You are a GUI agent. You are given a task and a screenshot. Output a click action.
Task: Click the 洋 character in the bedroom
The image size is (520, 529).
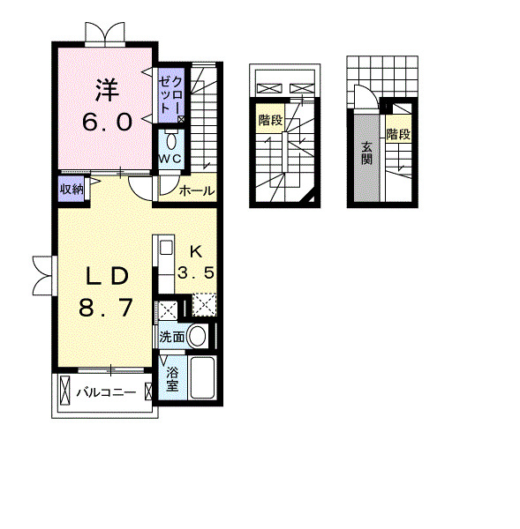pyautogui.click(x=108, y=90)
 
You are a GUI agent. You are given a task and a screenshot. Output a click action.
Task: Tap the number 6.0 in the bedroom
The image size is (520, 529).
pyautogui.click(x=107, y=123)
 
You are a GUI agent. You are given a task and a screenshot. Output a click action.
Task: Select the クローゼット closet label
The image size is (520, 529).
pyautogui.click(x=171, y=95)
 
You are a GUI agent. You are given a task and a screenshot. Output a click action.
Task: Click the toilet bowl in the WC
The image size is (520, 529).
pyautogui.click(x=171, y=142)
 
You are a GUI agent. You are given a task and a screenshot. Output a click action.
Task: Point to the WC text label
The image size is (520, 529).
pyautogui.click(x=170, y=159)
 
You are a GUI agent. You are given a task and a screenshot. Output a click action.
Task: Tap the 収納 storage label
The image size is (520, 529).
pyautogui.click(x=72, y=190)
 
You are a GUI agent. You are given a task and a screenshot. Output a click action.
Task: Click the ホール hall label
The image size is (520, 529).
pyautogui.click(x=197, y=191)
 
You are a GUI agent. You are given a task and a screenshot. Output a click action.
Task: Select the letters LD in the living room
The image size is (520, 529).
pyautogui.click(x=107, y=276)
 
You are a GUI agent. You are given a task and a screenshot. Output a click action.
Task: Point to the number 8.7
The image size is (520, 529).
pyautogui.click(x=105, y=308)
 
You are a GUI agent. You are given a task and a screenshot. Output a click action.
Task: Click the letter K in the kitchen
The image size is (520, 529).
pyautogui.click(x=196, y=251)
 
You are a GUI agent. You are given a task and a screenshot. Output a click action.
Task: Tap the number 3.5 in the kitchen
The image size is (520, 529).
pyautogui.click(x=196, y=272)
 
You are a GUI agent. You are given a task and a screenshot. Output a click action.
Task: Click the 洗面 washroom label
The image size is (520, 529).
pyautogui.click(x=172, y=337)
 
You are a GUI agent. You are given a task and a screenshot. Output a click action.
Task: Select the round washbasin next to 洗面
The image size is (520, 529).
pyautogui.click(x=197, y=337)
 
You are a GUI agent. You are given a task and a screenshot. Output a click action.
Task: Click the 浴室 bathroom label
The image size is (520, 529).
pyautogui.click(x=172, y=379)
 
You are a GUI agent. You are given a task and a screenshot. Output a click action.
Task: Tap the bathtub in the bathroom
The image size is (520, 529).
pyautogui.click(x=202, y=377)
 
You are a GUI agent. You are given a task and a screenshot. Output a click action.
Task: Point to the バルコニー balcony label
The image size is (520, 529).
pyautogui.click(x=106, y=392)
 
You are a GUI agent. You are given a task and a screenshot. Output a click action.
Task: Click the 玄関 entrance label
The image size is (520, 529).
pyautogui.click(x=366, y=153)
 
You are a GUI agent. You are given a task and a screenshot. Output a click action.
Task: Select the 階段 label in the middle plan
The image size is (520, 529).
pyautogui.click(x=271, y=120)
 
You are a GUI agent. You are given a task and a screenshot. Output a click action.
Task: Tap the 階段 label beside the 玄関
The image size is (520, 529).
pyautogui.click(x=399, y=134)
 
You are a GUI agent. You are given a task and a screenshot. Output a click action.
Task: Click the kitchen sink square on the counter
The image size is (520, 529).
pyautogui.click(x=166, y=248)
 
